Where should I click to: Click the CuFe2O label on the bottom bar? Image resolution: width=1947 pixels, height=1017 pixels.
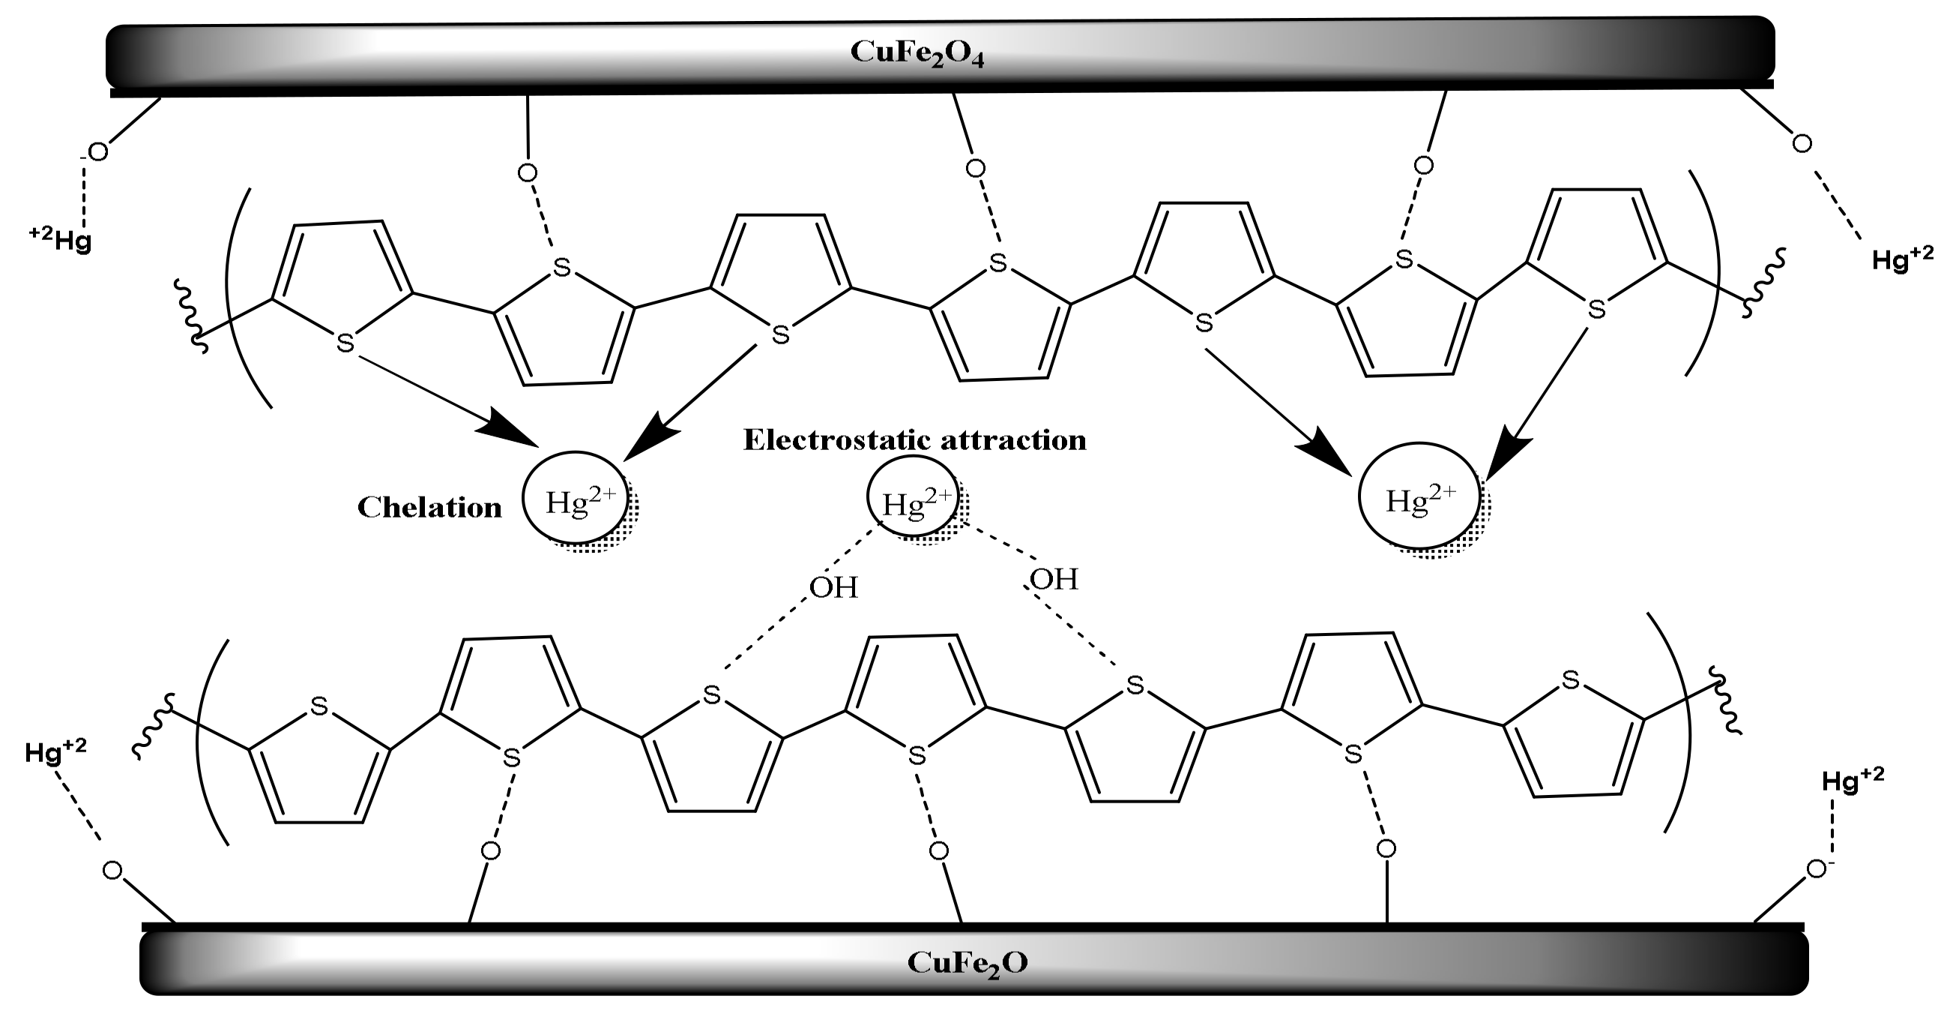(967, 963)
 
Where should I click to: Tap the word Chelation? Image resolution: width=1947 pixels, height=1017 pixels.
(429, 507)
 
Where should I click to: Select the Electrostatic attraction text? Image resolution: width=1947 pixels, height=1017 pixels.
(914, 440)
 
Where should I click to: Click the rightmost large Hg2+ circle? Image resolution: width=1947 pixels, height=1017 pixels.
(1419, 499)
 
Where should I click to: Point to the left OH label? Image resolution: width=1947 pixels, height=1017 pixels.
(833, 587)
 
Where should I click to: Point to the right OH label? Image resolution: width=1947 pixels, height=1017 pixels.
(1054, 580)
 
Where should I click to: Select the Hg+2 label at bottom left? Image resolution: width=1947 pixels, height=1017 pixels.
(55, 751)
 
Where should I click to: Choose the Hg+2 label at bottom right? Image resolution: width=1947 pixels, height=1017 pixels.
(1853, 779)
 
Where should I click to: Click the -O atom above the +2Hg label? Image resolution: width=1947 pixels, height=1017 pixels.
(95, 153)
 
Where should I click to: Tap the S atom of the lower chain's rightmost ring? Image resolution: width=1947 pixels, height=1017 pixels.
(1571, 680)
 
